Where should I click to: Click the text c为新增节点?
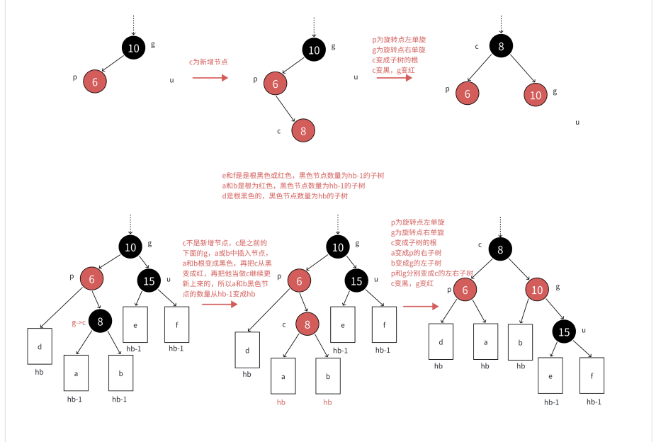[x=208, y=62]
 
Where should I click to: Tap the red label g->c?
[x=79, y=322]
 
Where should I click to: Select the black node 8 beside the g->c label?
[x=101, y=322]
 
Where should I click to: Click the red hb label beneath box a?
[x=281, y=402]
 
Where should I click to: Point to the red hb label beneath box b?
[x=327, y=402]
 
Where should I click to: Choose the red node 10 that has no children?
[x=536, y=95]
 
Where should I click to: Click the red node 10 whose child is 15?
[x=538, y=290]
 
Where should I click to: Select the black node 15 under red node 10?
[x=565, y=331]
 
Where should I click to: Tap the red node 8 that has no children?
[x=302, y=131]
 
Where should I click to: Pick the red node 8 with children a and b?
[x=307, y=325]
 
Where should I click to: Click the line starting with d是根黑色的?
[x=285, y=195]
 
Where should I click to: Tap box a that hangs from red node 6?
[x=485, y=341]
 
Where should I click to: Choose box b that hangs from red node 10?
[x=520, y=341]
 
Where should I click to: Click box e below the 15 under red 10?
[x=550, y=375]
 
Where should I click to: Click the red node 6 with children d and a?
[x=465, y=290]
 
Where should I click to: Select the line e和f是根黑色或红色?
[x=303, y=175]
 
